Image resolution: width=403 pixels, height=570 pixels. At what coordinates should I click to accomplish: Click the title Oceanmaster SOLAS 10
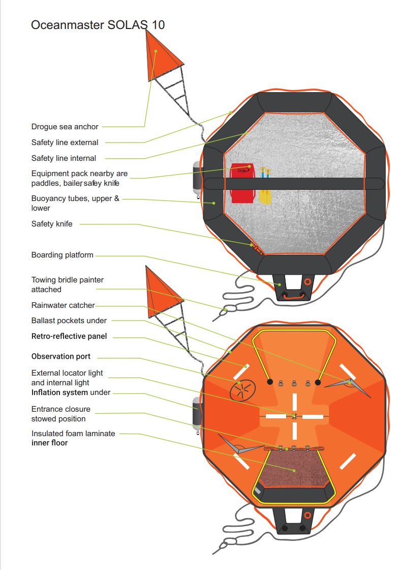98,25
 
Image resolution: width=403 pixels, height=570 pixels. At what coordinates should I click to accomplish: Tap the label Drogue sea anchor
65,127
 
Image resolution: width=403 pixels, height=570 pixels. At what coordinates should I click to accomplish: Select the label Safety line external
65,142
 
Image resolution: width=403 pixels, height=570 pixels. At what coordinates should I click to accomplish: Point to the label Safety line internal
64,158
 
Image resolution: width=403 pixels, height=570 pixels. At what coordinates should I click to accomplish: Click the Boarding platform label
62,255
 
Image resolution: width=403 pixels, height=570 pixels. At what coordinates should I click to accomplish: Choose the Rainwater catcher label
63,305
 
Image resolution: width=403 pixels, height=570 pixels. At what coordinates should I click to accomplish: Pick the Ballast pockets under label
69,321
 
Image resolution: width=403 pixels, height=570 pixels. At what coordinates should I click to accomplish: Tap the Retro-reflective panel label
69,336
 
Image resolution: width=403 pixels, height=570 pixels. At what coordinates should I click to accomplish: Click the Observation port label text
60,356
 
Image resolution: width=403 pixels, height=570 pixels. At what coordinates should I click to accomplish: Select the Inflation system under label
71,392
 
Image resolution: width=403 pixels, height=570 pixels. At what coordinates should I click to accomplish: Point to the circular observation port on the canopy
242,390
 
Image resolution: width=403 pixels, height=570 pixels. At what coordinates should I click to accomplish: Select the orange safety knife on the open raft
257,249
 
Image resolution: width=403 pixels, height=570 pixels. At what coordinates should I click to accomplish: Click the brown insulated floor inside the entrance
294,469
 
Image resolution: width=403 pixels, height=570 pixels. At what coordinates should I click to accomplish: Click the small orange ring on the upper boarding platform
307,282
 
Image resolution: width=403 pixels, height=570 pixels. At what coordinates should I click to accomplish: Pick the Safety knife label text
51,224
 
